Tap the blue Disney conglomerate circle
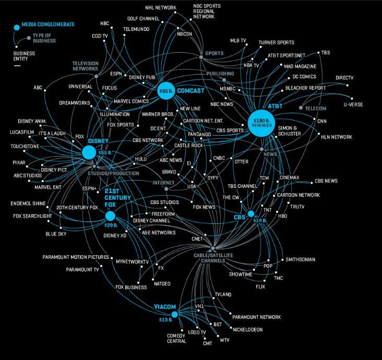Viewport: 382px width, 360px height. (89, 152)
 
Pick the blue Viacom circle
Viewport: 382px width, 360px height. (174, 314)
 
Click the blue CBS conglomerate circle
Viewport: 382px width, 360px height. (250, 214)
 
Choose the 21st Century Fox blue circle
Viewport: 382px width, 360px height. (110, 216)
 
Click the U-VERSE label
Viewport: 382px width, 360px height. (353, 104)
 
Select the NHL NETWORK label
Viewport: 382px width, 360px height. (161, 8)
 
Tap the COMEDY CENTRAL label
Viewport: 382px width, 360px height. (176, 338)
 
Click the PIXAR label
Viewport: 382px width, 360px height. (19, 163)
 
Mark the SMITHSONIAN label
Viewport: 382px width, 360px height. (300, 259)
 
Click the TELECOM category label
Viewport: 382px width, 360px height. (315, 108)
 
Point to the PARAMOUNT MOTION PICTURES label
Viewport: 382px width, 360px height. (76, 257)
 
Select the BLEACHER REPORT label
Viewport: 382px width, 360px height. (305, 88)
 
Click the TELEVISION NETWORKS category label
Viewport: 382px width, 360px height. (85, 66)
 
